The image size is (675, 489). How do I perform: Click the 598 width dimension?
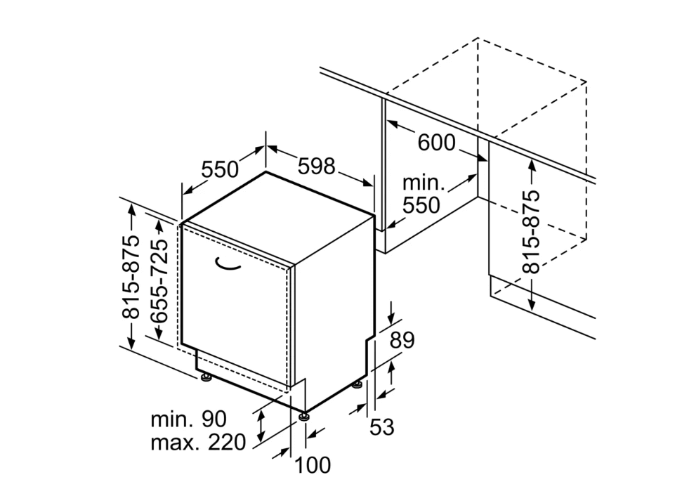click(316, 166)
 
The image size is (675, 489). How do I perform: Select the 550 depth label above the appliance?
click(220, 169)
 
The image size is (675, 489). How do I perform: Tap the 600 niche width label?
click(436, 143)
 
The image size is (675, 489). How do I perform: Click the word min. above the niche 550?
click(424, 183)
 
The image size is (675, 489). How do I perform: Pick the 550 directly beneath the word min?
click(421, 205)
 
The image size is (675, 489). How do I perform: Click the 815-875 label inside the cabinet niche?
click(531, 232)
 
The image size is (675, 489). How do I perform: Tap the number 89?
click(402, 340)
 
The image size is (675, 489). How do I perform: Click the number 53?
click(382, 427)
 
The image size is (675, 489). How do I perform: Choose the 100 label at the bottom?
click(313, 465)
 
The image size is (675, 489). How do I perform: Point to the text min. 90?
click(188, 419)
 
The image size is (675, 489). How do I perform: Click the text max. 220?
click(198, 442)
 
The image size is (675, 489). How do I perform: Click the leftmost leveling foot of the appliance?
click(207, 379)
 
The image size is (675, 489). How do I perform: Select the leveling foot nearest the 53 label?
click(358, 385)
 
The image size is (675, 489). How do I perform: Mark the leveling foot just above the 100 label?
click(304, 417)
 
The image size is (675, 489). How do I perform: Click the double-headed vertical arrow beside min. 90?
click(260, 426)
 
